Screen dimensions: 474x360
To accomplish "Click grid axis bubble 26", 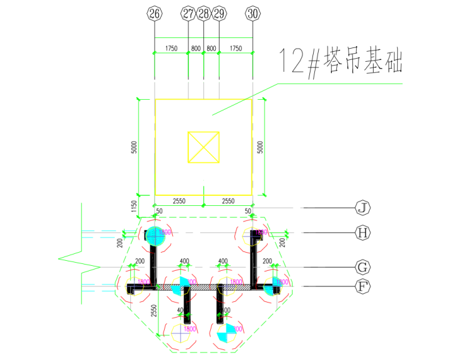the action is click(x=155, y=13).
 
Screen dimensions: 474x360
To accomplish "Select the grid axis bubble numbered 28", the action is click(x=204, y=13).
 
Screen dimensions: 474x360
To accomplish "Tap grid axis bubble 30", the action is click(x=253, y=13).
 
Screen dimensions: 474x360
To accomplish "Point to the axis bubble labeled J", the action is click(x=362, y=207).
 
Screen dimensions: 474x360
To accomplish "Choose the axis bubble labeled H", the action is click(x=362, y=233).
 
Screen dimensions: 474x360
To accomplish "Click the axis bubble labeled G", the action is click(x=362, y=268).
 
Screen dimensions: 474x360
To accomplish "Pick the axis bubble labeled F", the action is click(x=362, y=287).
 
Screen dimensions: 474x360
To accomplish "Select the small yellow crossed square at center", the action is click(x=204, y=147).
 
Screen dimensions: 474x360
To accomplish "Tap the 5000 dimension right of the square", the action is click(x=261, y=148).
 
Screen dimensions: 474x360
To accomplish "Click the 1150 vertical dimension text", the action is click(x=133, y=207).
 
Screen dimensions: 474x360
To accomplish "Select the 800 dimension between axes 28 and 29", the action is click(x=211, y=48).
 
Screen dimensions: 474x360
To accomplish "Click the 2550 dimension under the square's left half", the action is click(x=180, y=201).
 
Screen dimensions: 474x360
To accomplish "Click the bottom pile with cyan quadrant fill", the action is click(x=226, y=334).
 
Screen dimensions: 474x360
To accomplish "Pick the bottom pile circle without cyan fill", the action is click(x=181, y=333).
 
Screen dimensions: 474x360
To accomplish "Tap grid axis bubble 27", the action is click(x=188, y=13).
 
